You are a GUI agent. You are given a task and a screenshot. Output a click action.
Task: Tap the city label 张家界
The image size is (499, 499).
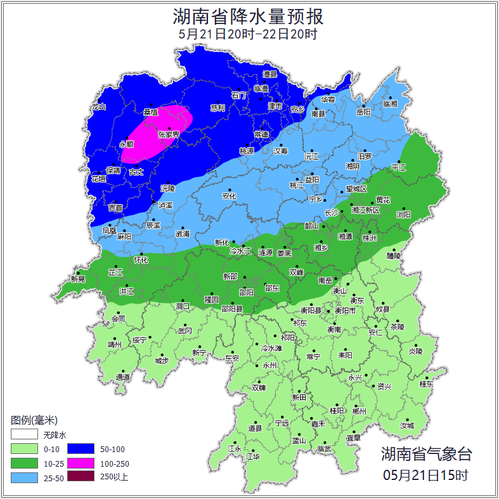pyautogui.click(x=169, y=135)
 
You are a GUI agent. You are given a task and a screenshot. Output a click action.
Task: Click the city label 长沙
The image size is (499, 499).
pyautogui.click(x=332, y=213)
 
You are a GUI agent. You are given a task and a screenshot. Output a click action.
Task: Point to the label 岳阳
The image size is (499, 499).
pyautogui.click(x=363, y=112)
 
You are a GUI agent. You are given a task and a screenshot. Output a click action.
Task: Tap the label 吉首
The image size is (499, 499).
pyautogui.click(x=115, y=207)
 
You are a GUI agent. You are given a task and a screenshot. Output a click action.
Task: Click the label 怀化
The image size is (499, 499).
pyautogui.click(x=141, y=260)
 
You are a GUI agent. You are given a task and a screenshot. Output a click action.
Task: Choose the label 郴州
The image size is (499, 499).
pyautogui.click(x=359, y=411)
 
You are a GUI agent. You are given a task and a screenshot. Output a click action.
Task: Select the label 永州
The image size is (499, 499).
pyautogui.click(x=270, y=366)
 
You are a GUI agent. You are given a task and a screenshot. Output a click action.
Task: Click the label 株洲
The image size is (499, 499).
pyautogui.click(x=369, y=238)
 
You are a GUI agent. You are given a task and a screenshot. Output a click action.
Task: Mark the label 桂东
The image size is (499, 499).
pyautogui.click(x=426, y=384)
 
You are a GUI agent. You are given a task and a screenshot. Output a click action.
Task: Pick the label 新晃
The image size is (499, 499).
pyautogui.click(x=78, y=279)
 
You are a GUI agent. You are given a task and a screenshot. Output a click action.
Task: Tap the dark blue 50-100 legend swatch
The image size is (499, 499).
pyautogui.click(x=81, y=449)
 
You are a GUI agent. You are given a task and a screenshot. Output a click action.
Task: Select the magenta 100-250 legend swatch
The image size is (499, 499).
pyautogui.click(x=81, y=463)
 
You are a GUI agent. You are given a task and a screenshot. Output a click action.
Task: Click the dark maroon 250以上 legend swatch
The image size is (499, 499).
pyautogui.click(x=81, y=477)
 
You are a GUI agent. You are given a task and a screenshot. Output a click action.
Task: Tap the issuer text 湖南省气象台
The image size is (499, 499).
pyautogui.click(x=426, y=454)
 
